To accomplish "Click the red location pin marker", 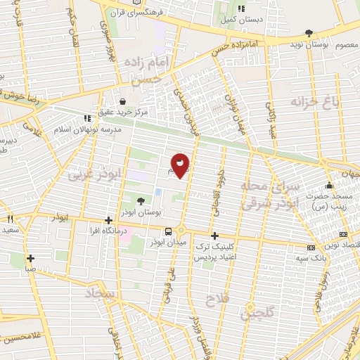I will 180,165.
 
